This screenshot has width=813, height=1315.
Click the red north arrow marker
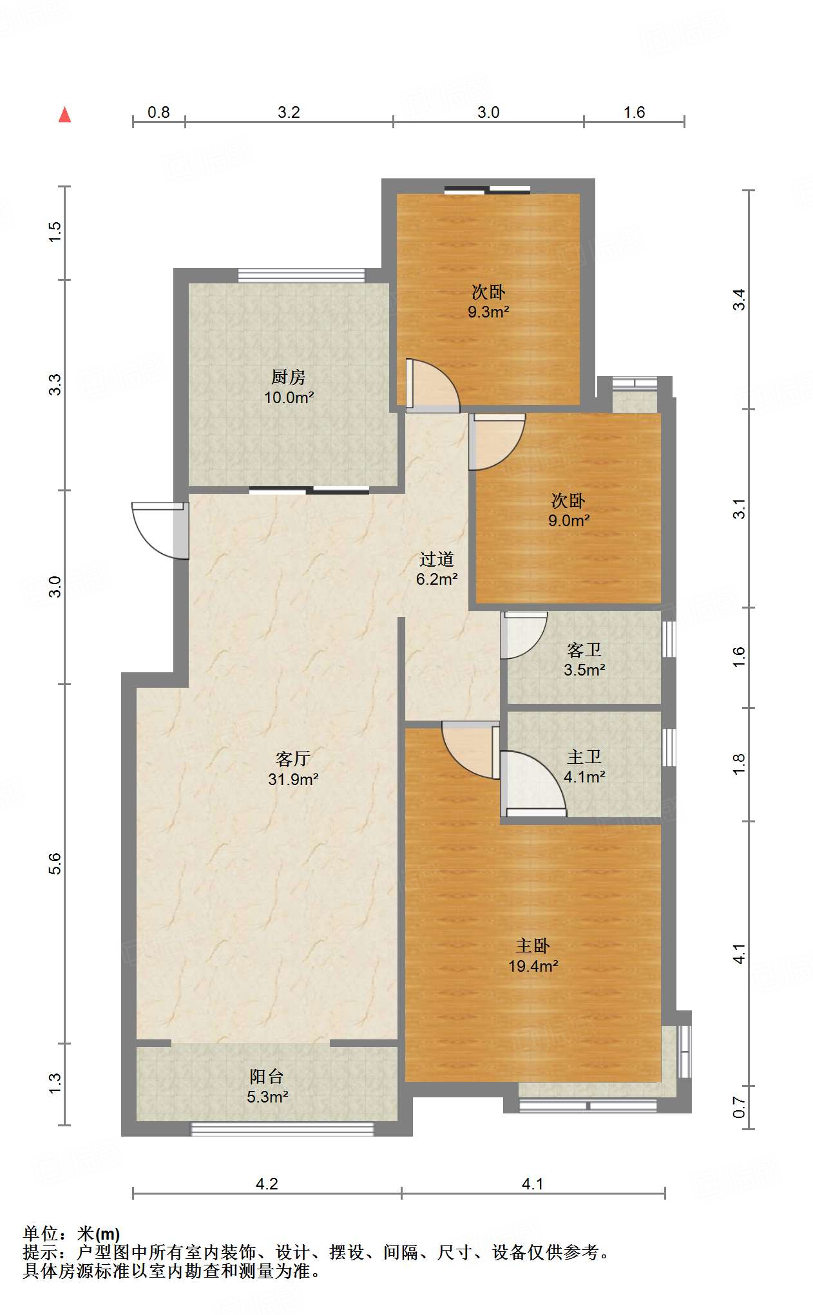64,115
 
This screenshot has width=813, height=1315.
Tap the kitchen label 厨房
288,377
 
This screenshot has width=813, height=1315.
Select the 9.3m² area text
488,313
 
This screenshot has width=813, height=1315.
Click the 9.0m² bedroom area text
569,521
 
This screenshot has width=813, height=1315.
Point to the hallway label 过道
437,559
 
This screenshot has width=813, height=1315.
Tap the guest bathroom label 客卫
584,650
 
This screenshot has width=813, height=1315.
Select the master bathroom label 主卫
584,757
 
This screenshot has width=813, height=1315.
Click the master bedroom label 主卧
533,945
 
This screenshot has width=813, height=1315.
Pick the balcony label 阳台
267,1076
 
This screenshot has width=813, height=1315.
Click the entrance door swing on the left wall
158,529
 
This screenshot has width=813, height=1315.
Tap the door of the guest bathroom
523,634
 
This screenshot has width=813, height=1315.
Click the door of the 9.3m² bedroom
433,385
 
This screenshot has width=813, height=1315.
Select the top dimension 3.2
289,113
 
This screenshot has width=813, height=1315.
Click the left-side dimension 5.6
55,863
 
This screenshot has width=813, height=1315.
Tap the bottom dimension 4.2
267,1184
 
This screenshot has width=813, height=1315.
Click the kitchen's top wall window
301,276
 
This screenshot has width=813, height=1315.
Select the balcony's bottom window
282,1129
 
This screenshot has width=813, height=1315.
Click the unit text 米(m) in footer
99,1234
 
